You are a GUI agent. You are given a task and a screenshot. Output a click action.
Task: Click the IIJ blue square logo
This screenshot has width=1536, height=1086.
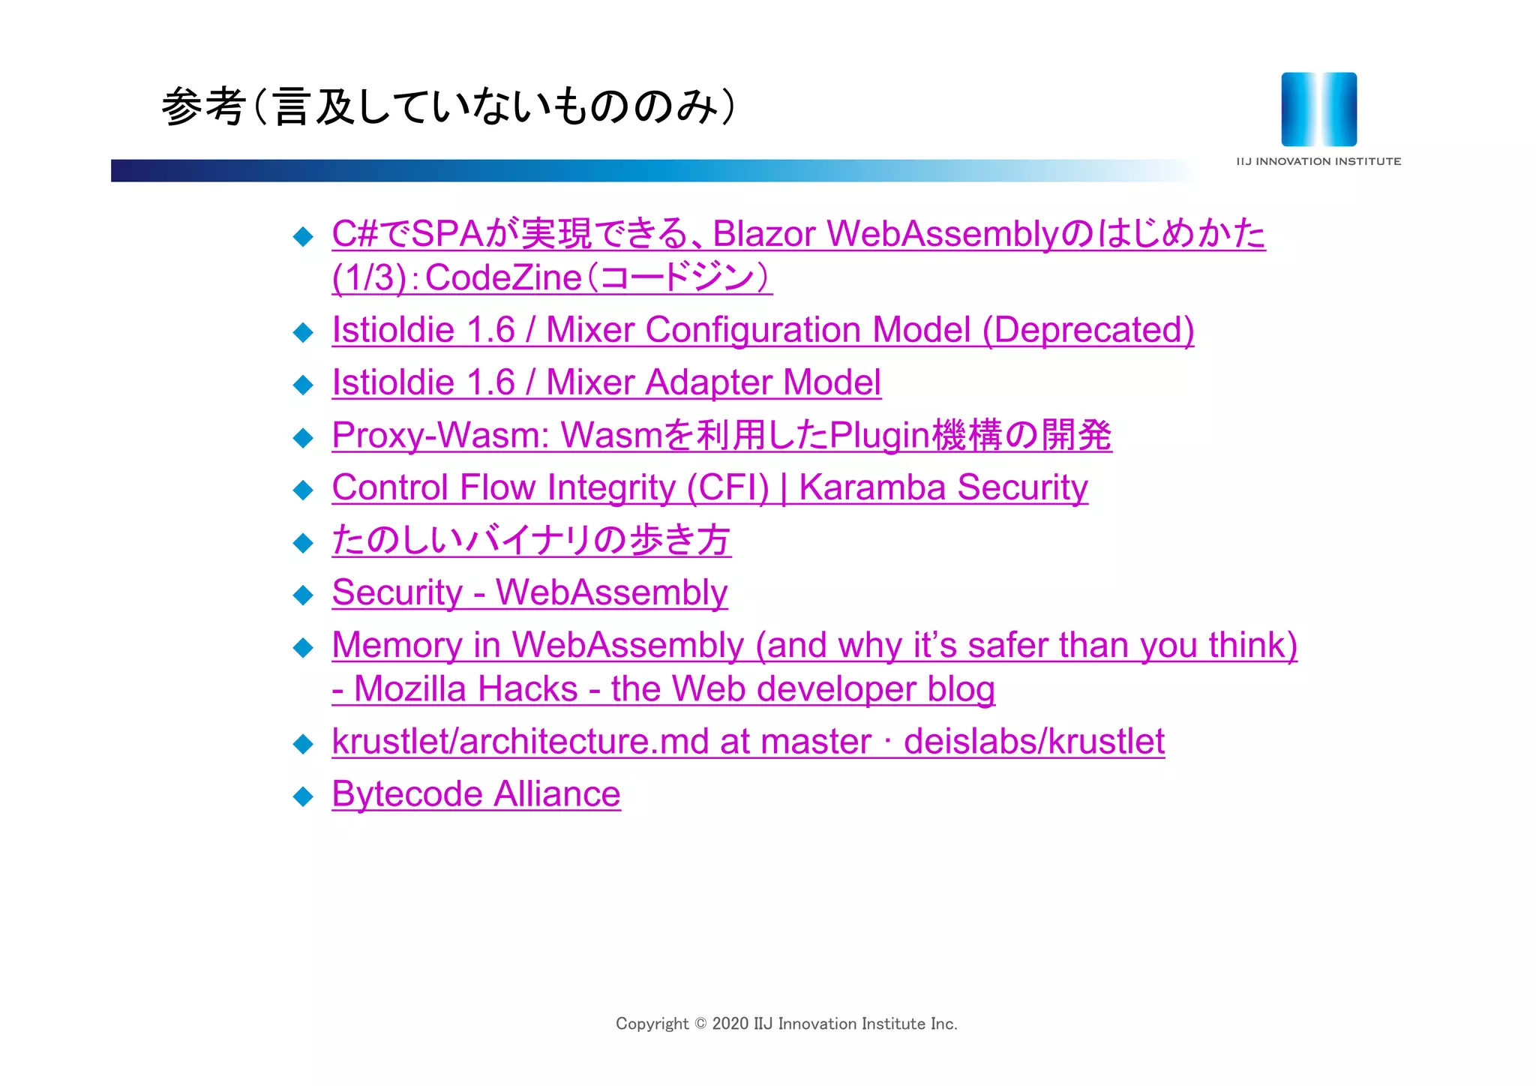point(1318,109)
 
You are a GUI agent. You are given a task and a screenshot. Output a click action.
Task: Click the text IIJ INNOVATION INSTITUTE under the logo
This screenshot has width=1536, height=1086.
point(1318,161)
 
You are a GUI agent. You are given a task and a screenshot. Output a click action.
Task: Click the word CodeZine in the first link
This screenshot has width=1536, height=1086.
point(503,278)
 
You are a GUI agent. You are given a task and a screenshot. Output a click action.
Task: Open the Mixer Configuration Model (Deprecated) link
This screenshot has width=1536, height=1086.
point(763,330)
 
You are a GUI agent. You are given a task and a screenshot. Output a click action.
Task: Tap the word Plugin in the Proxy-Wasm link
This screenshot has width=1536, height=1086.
point(879,435)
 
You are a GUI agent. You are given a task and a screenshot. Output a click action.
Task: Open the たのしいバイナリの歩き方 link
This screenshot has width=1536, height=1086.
point(531,540)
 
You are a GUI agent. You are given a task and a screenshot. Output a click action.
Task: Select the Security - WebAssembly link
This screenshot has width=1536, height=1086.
point(529,592)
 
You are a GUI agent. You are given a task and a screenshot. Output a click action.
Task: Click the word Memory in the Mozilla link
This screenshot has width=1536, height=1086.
point(397,645)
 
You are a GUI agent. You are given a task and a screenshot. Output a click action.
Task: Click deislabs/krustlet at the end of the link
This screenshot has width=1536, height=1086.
point(1033,742)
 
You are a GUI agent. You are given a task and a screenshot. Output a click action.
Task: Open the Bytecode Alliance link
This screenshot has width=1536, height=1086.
point(476,794)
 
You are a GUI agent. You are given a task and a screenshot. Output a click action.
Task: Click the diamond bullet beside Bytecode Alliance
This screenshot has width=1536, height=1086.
point(303,796)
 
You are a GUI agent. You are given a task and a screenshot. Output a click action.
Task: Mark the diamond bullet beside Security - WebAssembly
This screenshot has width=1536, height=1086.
point(303,595)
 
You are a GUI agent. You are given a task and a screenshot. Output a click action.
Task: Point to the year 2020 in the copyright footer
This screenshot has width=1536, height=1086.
point(730,1024)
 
